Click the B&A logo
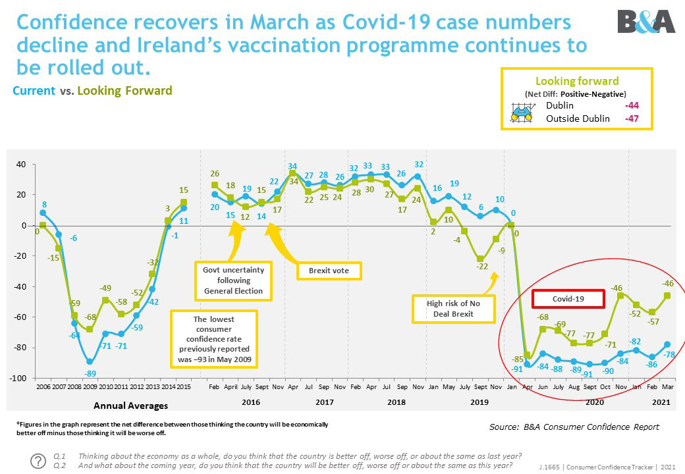point(646,21)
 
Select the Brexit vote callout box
point(329,271)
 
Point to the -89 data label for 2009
point(90,373)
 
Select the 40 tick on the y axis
point(22,165)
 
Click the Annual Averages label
point(130,406)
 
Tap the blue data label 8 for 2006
point(44,204)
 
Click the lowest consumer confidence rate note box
point(214,338)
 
